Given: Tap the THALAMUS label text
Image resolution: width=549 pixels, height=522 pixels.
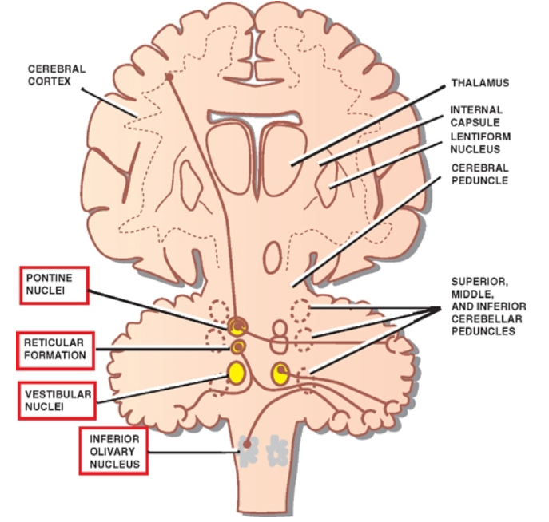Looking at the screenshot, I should (x=479, y=82).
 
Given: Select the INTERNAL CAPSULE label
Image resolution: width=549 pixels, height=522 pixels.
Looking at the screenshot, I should (x=476, y=116).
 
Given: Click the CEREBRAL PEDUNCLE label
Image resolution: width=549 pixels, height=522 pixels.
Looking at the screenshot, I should (x=479, y=175).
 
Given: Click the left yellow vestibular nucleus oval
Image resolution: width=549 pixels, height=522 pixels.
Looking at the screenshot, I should (x=237, y=372).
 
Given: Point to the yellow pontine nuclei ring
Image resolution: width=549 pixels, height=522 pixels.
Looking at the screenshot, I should (x=238, y=326).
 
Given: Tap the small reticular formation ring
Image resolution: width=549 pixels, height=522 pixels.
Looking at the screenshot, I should (x=237, y=346).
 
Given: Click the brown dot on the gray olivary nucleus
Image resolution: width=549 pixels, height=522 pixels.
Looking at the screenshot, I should (x=248, y=444).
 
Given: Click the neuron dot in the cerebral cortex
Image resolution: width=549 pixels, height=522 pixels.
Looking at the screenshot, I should (x=169, y=77).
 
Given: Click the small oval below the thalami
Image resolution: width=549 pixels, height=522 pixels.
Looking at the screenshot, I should (x=273, y=258).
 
